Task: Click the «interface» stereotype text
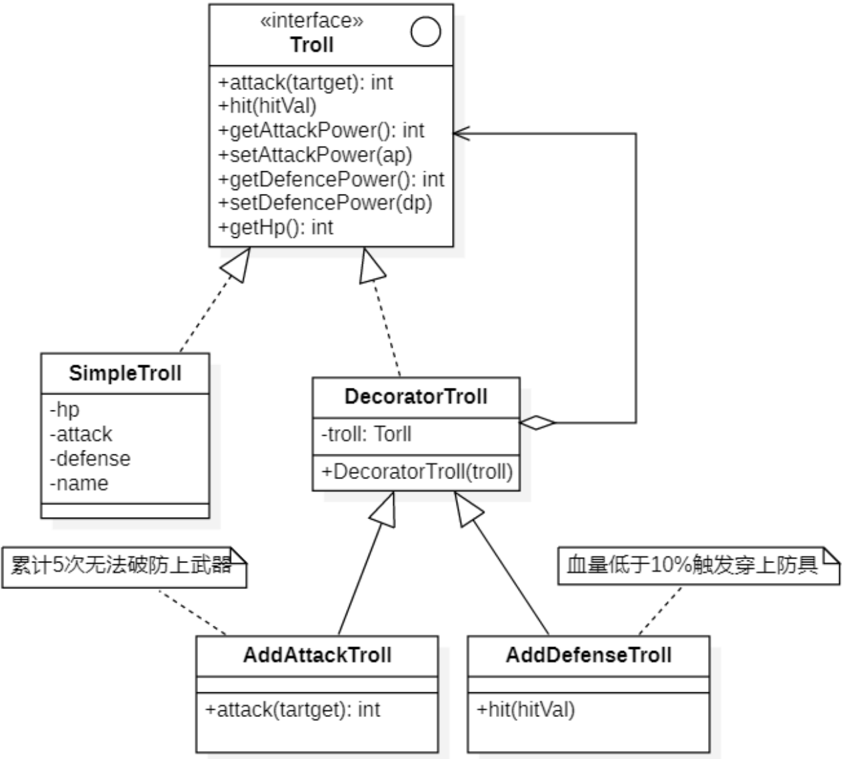point(311,21)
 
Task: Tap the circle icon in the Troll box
point(425,31)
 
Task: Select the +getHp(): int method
point(275,227)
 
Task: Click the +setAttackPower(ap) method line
point(315,155)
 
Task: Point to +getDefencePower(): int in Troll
point(331,179)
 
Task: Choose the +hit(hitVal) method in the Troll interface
point(267,106)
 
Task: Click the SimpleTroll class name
point(125,373)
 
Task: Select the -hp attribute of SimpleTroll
point(65,409)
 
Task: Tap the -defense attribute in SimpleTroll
point(90,458)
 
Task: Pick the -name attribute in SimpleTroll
point(79,483)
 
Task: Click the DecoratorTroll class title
point(416,397)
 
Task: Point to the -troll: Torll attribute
point(366,434)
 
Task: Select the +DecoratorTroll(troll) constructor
point(417,472)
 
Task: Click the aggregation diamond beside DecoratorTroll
point(537,422)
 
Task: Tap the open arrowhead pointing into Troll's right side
point(461,133)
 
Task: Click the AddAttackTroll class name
point(317,655)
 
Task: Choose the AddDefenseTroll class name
point(589,655)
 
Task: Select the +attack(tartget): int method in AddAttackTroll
point(292,710)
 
